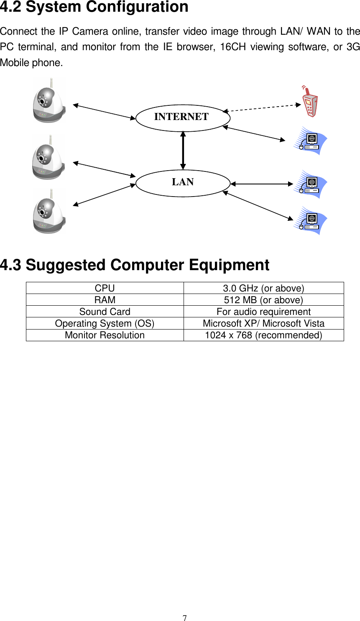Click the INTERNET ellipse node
[x=183, y=118]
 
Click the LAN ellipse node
[x=183, y=183]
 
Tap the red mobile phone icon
[x=310, y=102]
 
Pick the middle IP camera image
[x=49, y=157]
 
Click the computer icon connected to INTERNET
[x=310, y=141]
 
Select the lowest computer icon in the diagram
[x=310, y=221]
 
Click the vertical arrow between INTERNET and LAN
[x=183, y=150]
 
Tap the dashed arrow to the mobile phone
[x=261, y=108]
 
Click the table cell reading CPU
[x=105, y=288]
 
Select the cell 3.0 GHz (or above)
[x=263, y=288]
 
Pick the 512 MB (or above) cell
[x=263, y=300]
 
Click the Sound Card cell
[x=105, y=312]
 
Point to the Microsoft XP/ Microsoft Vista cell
[x=263, y=323]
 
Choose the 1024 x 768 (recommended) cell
[x=263, y=335]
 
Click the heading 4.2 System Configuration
[x=94, y=7]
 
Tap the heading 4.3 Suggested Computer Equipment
[x=135, y=265]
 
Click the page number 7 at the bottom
[x=184, y=618]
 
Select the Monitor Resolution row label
[x=105, y=335]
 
